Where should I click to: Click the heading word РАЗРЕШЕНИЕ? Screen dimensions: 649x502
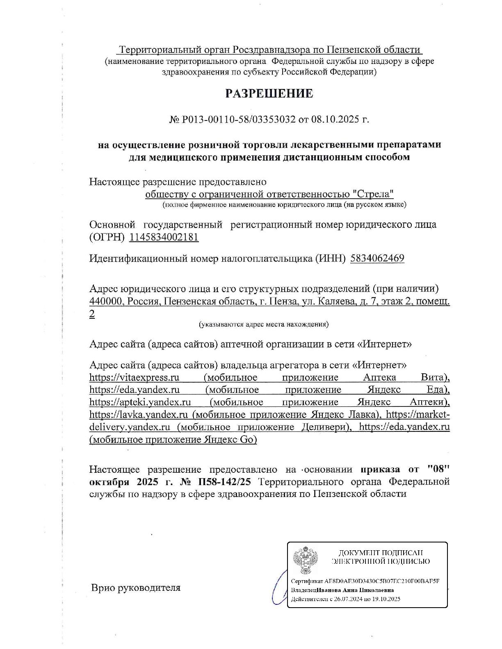click(x=269, y=93)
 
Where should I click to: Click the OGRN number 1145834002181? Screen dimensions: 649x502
click(x=164, y=237)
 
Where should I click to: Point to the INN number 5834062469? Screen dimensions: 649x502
click(x=377, y=258)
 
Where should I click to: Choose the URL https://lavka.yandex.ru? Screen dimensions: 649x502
click(x=139, y=415)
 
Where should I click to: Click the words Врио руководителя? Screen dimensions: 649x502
click(x=135, y=588)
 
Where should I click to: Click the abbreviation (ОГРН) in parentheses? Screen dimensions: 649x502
click(x=107, y=237)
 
